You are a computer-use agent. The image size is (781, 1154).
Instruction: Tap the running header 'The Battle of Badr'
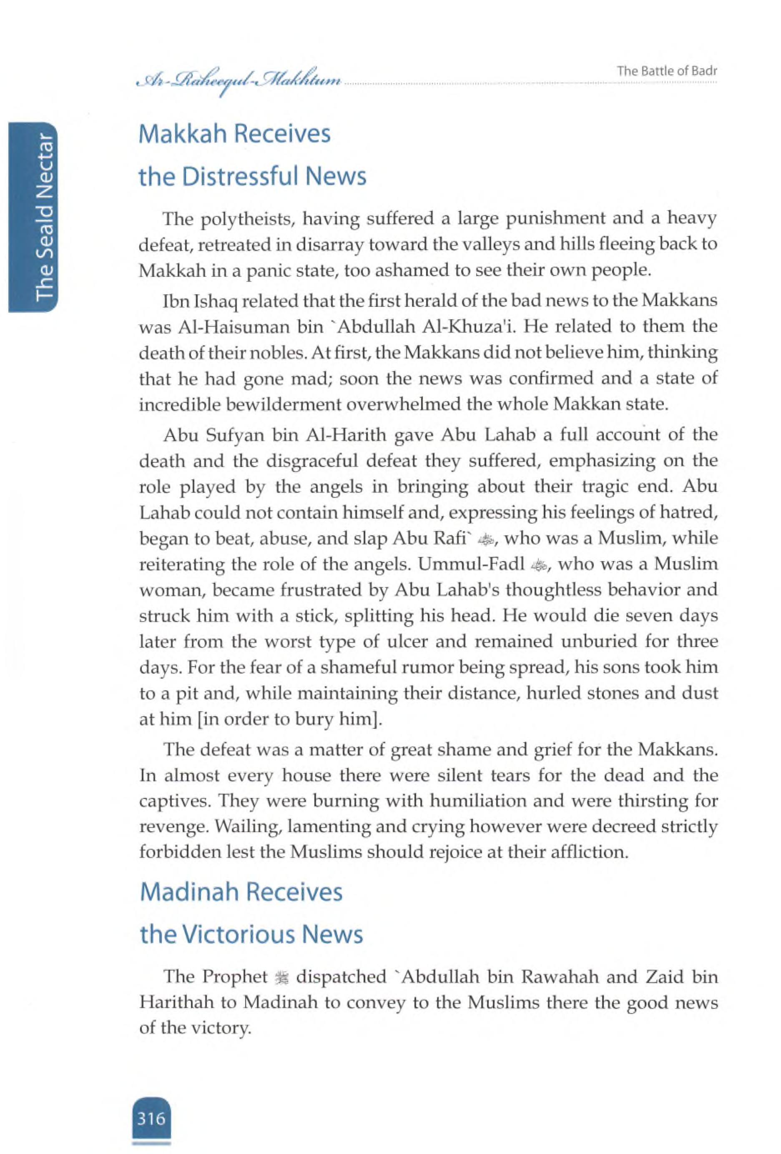point(666,71)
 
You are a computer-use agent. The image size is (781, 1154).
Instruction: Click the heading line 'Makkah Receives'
point(235,135)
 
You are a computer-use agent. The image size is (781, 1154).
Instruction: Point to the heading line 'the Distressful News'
point(252,176)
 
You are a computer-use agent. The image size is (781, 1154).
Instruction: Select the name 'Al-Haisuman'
point(226,327)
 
